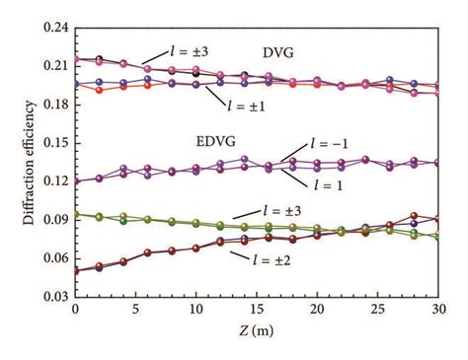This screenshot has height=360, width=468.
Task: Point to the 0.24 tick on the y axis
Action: pyautogui.click(x=51, y=31)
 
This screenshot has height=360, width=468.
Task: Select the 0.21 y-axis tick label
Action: pyautogui.click(x=51, y=68)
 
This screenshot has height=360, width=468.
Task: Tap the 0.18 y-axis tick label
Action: pyautogui.click(x=51, y=107)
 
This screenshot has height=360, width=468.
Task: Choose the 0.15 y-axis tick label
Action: pyautogui.click(x=51, y=144)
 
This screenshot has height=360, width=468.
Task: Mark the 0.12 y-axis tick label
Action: pyautogui.click(x=51, y=181)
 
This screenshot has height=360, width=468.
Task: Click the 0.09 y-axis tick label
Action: pyautogui.click(x=51, y=219)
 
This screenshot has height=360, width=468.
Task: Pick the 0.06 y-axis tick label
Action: pyautogui.click(x=51, y=256)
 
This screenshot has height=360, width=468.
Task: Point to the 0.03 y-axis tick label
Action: pyautogui.click(x=51, y=295)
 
